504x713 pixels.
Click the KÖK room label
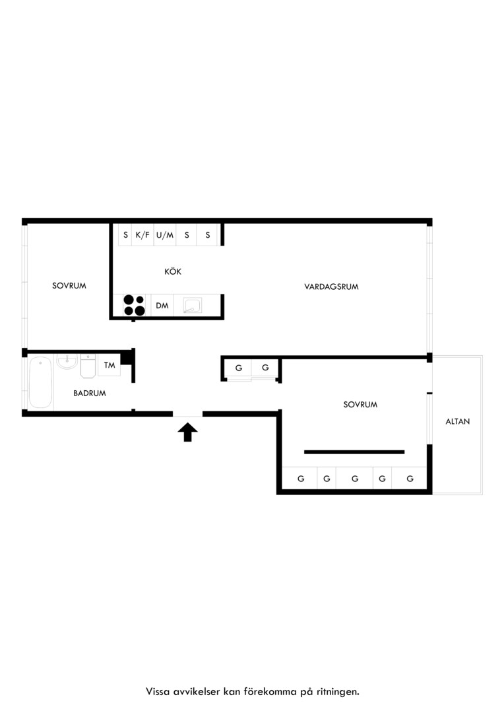(173, 271)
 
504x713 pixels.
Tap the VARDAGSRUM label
(331, 287)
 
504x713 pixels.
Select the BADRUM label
(90, 393)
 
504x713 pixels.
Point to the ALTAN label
(458, 421)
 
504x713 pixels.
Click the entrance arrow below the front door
(187, 432)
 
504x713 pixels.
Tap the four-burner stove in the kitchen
(134, 305)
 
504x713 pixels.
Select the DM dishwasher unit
(162, 306)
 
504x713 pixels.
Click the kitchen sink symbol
(192, 306)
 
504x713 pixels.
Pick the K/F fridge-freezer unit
(142, 235)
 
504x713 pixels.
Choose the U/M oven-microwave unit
(165, 235)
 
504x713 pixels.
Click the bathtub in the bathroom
(41, 382)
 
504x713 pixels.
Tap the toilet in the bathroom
(88, 366)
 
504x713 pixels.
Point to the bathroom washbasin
(67, 362)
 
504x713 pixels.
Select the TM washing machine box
(109, 365)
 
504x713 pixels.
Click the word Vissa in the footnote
(158, 692)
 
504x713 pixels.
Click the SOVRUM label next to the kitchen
(69, 286)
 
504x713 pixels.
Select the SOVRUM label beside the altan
(360, 404)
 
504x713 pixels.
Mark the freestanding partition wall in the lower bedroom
(354, 452)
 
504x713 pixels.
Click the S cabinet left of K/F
(125, 235)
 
